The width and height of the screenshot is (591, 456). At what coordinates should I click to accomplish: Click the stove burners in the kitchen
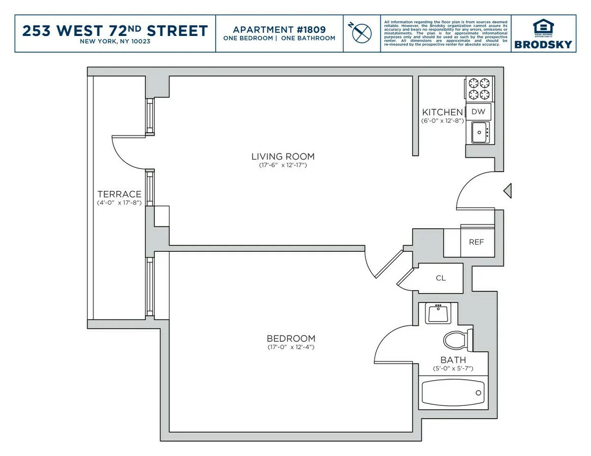point(479,89)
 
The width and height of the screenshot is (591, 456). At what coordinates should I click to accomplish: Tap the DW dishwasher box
point(478,112)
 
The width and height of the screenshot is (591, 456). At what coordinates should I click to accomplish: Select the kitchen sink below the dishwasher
point(480,132)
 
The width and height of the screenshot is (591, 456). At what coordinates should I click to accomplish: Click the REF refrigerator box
point(476,242)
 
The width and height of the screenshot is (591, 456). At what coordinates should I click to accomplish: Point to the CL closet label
point(441,278)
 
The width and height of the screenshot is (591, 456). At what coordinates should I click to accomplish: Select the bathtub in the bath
point(453,393)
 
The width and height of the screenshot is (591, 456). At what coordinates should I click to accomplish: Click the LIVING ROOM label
point(283,156)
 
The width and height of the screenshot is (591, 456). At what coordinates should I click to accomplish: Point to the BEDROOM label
point(291,338)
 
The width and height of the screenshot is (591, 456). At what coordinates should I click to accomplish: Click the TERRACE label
point(119,194)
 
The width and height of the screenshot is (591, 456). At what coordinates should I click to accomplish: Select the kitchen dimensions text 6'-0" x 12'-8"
point(442,121)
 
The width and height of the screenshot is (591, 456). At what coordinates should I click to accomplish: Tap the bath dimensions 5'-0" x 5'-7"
point(453,368)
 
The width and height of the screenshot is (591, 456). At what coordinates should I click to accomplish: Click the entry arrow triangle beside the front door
point(507,190)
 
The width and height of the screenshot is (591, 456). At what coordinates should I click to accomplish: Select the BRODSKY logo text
point(543,44)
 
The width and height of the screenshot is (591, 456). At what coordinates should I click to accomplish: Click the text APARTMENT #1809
point(279,29)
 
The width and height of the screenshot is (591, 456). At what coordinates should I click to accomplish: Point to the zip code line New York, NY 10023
point(115,41)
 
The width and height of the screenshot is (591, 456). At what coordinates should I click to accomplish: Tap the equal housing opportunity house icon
point(543,28)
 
